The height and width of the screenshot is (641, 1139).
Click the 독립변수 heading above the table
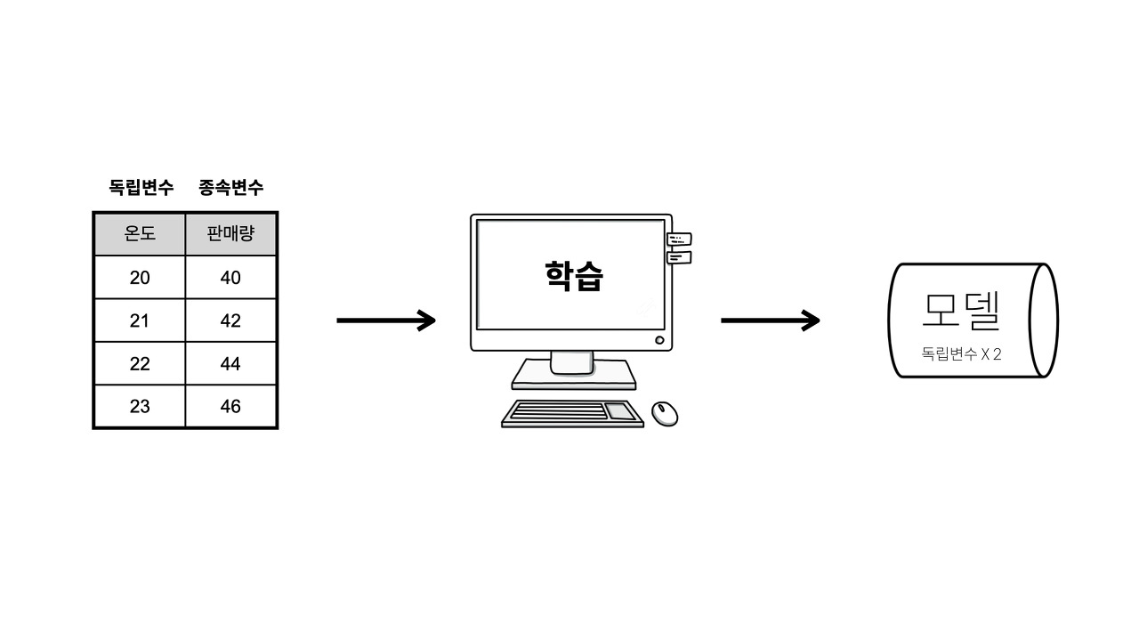tap(141, 188)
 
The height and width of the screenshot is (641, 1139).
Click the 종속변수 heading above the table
tap(231, 188)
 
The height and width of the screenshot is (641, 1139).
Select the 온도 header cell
tap(140, 234)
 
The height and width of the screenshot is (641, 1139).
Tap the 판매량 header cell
tap(230, 234)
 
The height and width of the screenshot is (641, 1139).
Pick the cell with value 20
tap(140, 278)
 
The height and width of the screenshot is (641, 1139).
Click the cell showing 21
tap(140, 320)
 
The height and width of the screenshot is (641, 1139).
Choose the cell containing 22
tap(140, 363)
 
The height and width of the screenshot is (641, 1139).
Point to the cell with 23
tap(140, 406)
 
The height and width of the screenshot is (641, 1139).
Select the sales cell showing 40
tap(230, 278)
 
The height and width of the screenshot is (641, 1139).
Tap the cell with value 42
tap(230, 320)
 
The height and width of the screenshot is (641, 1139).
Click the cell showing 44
tap(230, 363)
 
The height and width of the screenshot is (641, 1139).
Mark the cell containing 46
tap(230, 406)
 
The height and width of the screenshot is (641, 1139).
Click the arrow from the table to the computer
tap(386, 320)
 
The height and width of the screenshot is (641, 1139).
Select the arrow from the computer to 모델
tap(770, 320)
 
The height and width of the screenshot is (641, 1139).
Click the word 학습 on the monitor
tap(574, 276)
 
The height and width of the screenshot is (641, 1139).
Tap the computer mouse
tap(665, 413)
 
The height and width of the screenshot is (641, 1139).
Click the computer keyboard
tap(573, 413)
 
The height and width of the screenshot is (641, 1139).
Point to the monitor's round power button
tap(659, 340)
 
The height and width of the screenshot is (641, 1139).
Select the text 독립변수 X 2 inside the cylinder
tap(961, 353)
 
